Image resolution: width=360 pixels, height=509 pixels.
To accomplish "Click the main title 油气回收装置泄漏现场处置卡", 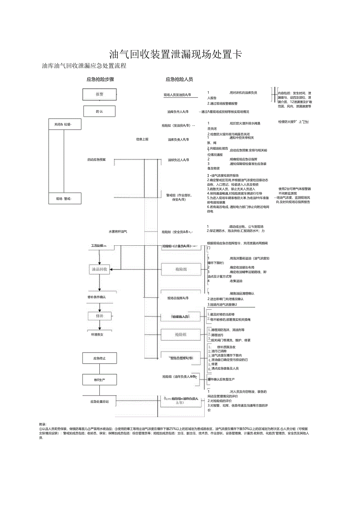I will click(175, 54).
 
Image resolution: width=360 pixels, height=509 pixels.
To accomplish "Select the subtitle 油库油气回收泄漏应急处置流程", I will click(84, 66).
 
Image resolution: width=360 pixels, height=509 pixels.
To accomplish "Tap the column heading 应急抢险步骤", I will click(100, 79).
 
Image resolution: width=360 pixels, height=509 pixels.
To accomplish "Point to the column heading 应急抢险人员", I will click(179, 79).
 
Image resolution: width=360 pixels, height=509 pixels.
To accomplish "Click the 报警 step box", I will click(99, 94).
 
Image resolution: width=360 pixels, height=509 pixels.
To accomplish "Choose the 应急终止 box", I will click(99, 358).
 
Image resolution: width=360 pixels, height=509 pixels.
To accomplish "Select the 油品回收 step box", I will click(99, 269).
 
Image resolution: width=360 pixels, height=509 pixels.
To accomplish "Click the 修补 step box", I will click(99, 316).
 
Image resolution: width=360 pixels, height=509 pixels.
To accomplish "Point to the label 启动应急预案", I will click(96, 160).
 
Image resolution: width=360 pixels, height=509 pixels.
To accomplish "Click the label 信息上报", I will click(142, 139).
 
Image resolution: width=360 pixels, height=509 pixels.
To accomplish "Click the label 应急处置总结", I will click(99, 401).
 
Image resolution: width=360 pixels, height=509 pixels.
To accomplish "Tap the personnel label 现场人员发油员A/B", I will click(177, 95).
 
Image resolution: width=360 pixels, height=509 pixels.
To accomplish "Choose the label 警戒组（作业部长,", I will click(179, 195).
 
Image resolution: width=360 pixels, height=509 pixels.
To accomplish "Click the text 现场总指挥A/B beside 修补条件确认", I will click(178, 298).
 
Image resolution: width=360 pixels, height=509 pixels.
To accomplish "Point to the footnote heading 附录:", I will click(43, 424).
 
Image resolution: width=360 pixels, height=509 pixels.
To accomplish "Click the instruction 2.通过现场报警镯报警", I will click(222, 104).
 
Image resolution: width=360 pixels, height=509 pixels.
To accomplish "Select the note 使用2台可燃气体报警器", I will click(294, 189).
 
